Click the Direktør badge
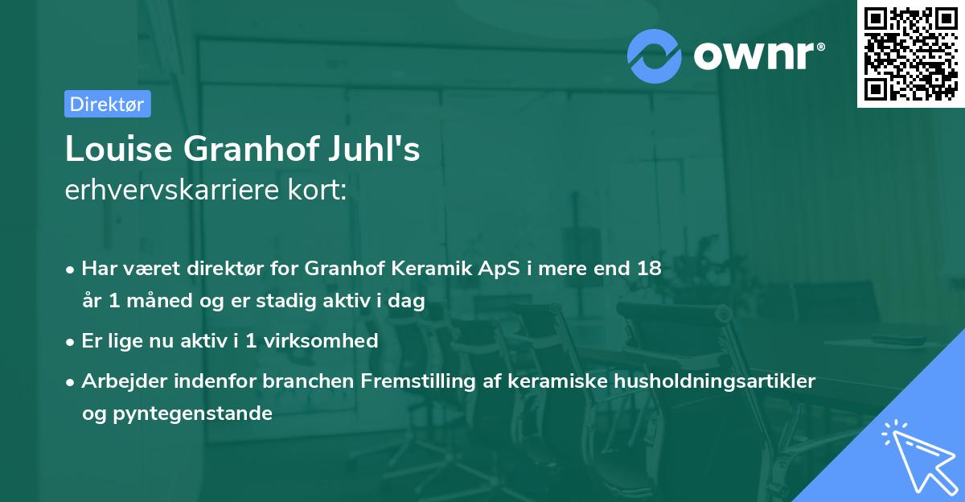click(107, 104)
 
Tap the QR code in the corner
click(910, 53)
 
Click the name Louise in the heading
click(119, 150)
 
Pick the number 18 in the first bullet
click(648, 269)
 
